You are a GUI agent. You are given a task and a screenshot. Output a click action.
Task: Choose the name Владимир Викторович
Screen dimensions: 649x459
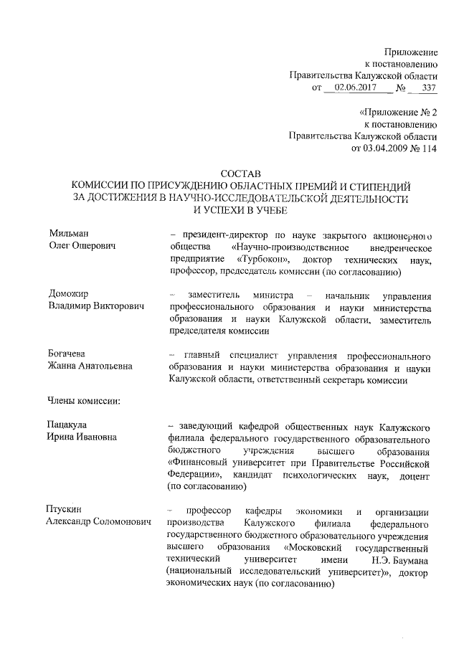click(96, 307)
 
